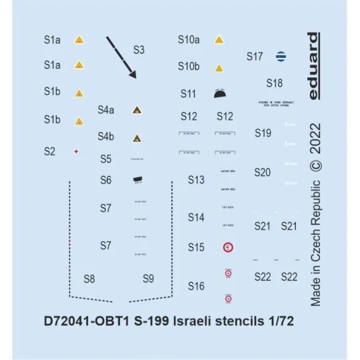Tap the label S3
tap(139, 49)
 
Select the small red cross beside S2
tap(77, 151)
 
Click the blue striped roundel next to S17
tap(282, 57)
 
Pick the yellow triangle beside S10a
tap(219, 40)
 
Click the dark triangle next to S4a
tap(136, 110)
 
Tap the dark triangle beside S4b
tap(136, 138)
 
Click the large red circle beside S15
tap(227, 247)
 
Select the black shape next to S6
tap(138, 180)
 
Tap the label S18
tap(274, 84)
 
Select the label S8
tap(89, 278)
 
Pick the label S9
tap(149, 278)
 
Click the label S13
tap(195, 180)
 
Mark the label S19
tap(263, 133)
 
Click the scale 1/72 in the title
tap(280, 320)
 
